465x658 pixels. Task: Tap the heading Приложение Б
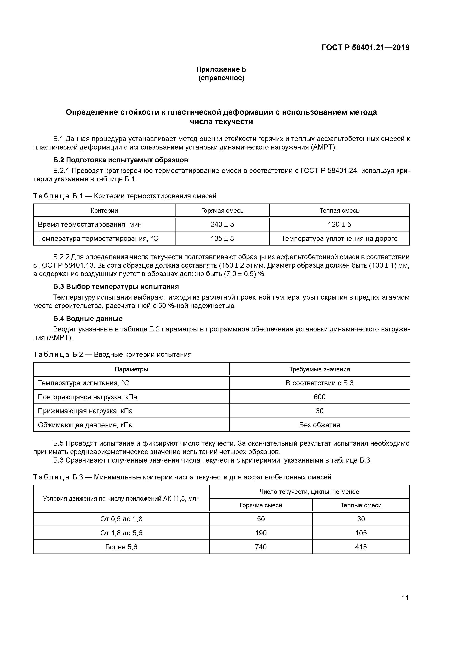(x=221, y=69)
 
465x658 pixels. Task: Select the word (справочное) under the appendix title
(x=221, y=78)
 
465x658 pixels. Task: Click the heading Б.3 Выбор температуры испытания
(x=116, y=287)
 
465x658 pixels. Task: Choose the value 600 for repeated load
(x=319, y=397)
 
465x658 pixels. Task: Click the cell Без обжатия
(x=319, y=425)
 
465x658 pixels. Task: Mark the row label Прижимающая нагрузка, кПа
(x=85, y=411)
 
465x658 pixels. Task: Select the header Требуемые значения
(x=319, y=369)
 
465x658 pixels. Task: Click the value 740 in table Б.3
(x=261, y=547)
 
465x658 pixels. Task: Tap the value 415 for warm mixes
(x=361, y=547)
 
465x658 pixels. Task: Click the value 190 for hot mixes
(x=261, y=533)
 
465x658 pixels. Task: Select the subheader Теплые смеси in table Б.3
(x=361, y=505)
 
